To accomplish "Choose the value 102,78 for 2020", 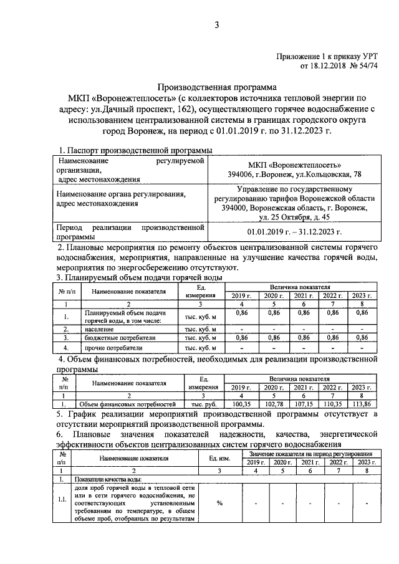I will (x=271, y=404).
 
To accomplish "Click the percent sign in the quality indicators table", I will (x=219, y=504).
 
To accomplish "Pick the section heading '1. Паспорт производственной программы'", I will (x=135, y=151).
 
